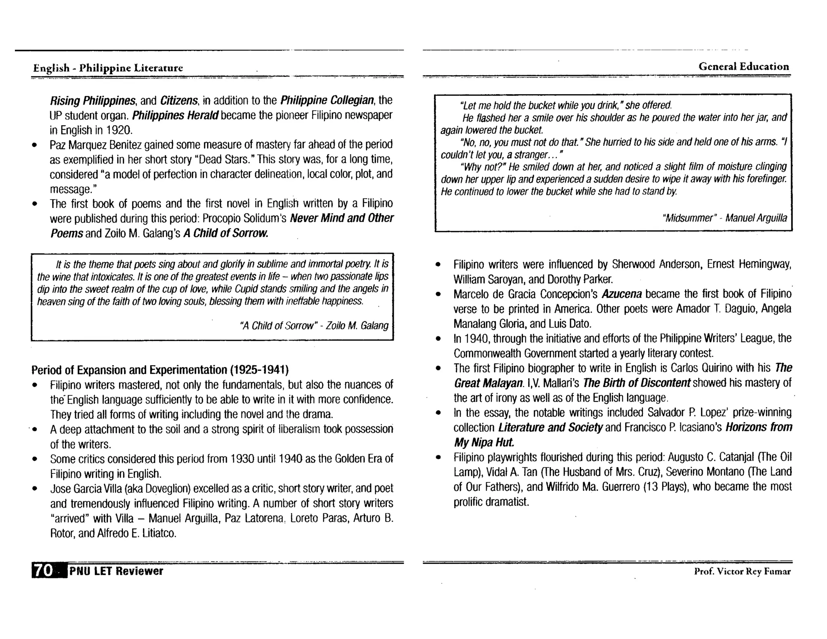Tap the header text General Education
743,67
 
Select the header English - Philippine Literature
108,68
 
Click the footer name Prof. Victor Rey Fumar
742,571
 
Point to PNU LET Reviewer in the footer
116,571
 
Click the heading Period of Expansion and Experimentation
160,370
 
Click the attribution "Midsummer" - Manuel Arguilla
724,218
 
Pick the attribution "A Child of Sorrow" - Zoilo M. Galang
314,326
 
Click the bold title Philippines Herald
175,116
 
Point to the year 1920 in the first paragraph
118,130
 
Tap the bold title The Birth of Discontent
637,383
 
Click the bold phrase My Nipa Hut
484,443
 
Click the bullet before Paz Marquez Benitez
35,145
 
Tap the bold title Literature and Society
550,427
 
